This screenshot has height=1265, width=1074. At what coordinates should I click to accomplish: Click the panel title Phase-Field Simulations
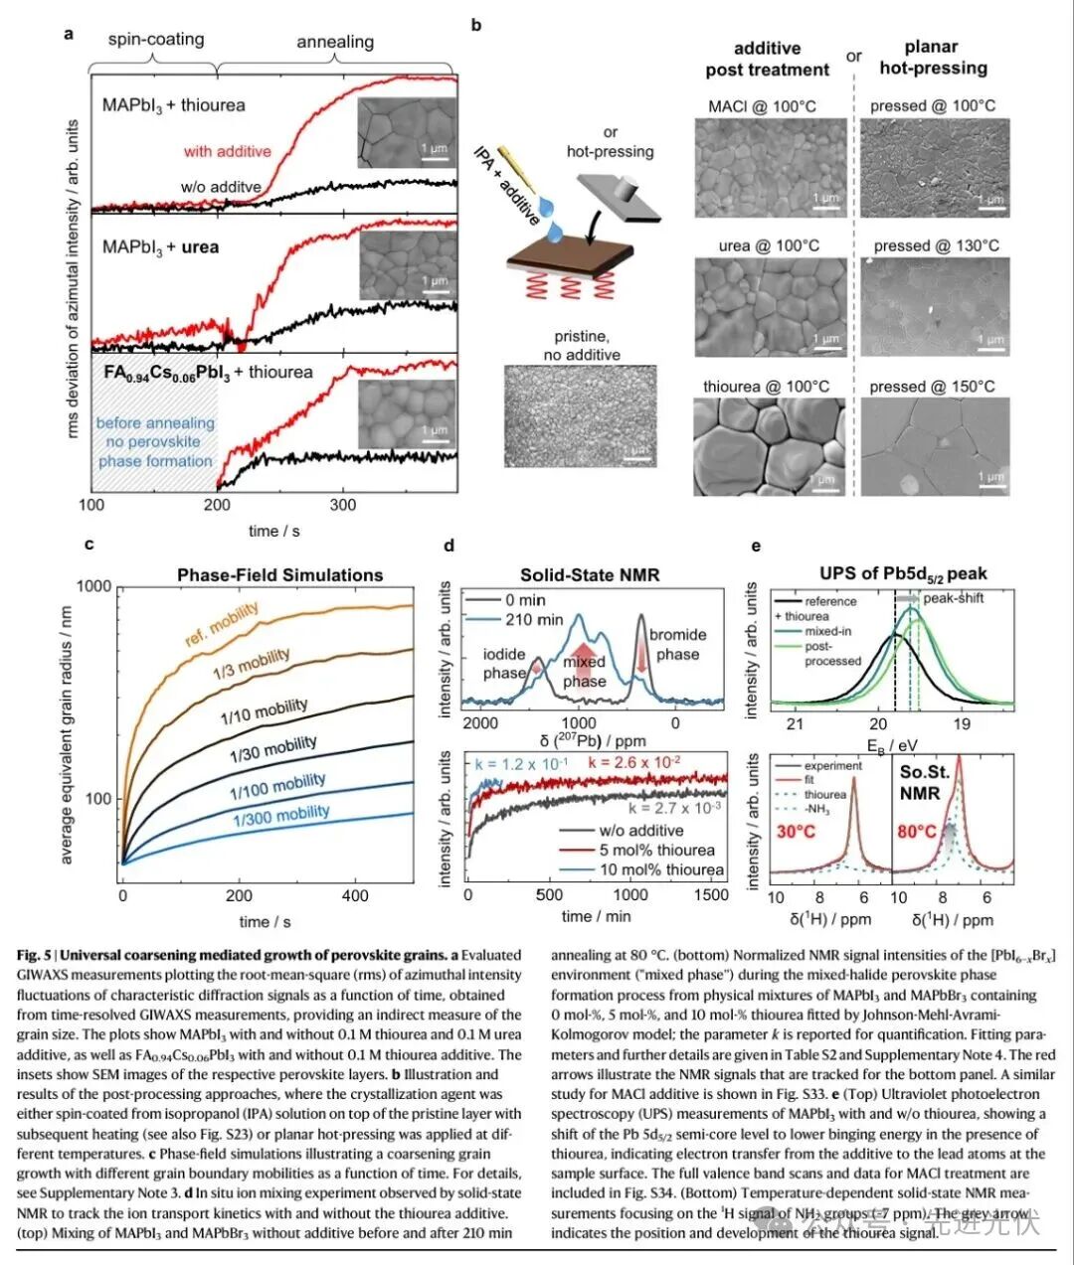(x=279, y=574)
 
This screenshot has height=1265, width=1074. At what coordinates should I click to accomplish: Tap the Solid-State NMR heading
(x=590, y=574)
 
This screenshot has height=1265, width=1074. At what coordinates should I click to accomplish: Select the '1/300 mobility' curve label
(x=280, y=816)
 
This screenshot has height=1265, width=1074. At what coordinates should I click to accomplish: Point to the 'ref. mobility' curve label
(x=222, y=622)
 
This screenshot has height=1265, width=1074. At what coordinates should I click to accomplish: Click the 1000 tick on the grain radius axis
(x=94, y=586)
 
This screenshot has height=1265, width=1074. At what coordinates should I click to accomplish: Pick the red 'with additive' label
(x=227, y=151)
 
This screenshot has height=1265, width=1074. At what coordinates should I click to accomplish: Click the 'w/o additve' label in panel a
(x=221, y=187)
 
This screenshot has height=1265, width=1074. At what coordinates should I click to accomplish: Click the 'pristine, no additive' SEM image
(x=581, y=415)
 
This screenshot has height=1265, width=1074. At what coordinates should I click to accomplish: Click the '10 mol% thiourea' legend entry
(x=661, y=870)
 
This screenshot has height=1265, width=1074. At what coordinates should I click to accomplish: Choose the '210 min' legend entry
(x=533, y=619)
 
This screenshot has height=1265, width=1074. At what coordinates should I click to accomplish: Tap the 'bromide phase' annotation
(x=677, y=644)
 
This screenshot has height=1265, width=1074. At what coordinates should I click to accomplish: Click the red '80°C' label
(x=917, y=831)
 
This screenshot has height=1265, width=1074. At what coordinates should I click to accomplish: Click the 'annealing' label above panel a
(x=335, y=42)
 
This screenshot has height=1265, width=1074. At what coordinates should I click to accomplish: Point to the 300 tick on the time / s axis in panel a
(x=342, y=504)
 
